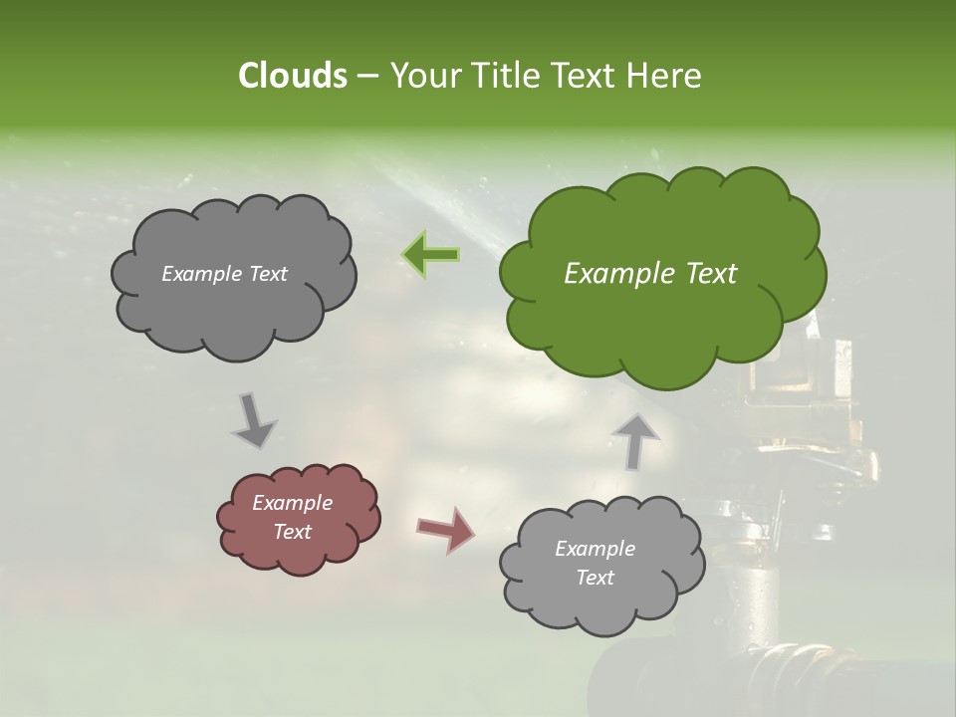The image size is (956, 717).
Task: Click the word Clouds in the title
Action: pyautogui.click(x=292, y=76)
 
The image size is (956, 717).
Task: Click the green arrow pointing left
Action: pyautogui.click(x=431, y=255)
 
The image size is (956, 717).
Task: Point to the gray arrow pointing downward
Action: pyautogui.click(x=253, y=421)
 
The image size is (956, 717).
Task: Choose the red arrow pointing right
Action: pyautogui.click(x=445, y=529)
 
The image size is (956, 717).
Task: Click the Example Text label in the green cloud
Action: pyautogui.click(x=650, y=274)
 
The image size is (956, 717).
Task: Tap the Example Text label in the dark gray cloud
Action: pyautogui.click(x=224, y=274)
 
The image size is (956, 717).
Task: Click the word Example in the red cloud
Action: pyautogui.click(x=292, y=503)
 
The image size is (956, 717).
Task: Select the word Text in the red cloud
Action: pyautogui.click(x=292, y=532)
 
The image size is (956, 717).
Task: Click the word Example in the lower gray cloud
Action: pyautogui.click(x=595, y=549)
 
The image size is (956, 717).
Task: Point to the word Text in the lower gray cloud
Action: pyautogui.click(x=595, y=578)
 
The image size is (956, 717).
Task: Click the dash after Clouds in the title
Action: pyautogui.click(x=366, y=77)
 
